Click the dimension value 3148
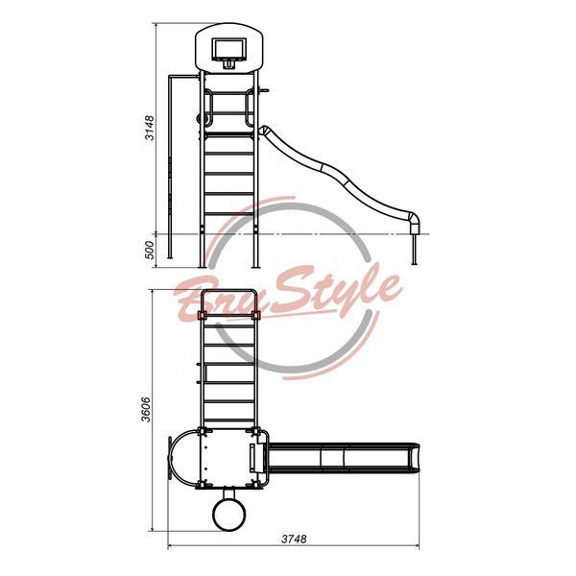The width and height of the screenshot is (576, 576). [x=150, y=128]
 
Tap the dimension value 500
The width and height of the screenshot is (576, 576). [x=150, y=251]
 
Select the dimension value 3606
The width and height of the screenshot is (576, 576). [x=146, y=409]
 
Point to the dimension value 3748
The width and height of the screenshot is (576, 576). [x=294, y=539]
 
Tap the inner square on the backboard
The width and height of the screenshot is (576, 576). [x=228, y=49]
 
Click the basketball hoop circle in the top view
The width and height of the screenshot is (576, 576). [x=229, y=515]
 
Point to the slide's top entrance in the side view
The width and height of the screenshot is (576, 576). [x=264, y=131]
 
